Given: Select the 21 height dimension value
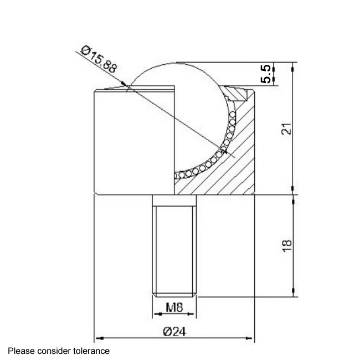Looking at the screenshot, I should [x=285, y=129].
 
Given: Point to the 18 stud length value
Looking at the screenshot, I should [x=286, y=244].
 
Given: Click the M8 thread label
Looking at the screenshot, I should [x=174, y=306].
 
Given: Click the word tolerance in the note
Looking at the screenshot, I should [x=90, y=351].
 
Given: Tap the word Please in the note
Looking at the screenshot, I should [x=20, y=351].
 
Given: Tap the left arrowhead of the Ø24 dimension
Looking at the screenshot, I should [x=99, y=337].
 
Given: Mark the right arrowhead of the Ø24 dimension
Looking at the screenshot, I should [x=251, y=337].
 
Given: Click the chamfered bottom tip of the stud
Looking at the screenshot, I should [x=174, y=294].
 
